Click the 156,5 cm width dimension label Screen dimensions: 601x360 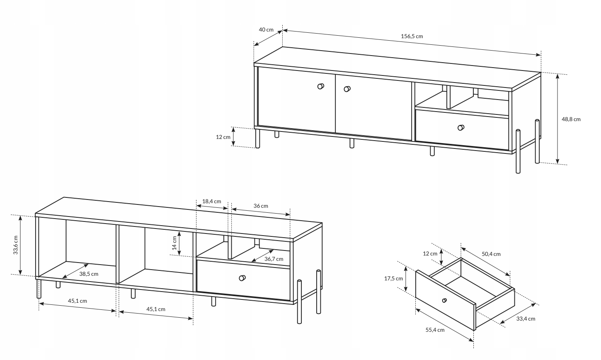[412, 36]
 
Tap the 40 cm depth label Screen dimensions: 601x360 [266, 29]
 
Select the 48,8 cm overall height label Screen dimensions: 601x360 [571, 119]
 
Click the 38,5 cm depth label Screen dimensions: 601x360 [89, 274]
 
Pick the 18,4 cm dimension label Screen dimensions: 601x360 [211, 201]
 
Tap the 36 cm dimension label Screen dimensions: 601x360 [261, 206]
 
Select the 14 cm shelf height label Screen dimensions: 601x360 [175, 243]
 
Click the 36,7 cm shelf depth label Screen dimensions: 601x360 [274, 259]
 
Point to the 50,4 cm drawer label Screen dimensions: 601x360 [491, 254]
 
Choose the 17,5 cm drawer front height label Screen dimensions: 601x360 [393, 278]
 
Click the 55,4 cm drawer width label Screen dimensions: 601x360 [435, 330]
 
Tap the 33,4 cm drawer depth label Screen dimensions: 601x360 [525, 319]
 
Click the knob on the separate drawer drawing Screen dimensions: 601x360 [445, 300]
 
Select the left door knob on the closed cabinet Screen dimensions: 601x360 [320, 86]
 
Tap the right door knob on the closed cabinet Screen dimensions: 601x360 [347, 88]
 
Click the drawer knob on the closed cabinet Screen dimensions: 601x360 [460, 127]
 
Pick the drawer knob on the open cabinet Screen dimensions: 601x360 [242, 278]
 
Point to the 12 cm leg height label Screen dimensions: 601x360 [223, 137]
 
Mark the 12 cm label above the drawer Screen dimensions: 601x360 [430, 253]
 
